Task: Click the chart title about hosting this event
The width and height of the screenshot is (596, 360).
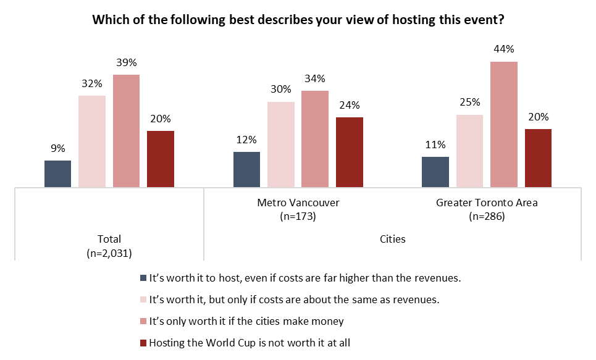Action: (298, 20)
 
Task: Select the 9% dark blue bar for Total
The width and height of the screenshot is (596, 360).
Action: (57, 174)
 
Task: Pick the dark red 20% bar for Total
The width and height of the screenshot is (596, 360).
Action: (161, 159)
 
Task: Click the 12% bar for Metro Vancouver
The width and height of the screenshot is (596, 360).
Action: (246, 169)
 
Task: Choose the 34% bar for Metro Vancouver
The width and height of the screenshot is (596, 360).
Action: (315, 139)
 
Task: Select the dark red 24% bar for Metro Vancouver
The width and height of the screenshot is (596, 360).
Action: (350, 152)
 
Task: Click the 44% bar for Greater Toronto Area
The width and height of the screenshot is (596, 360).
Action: (503, 124)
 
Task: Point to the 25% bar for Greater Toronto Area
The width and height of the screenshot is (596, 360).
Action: (469, 151)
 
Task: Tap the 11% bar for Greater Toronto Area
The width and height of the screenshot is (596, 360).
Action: (435, 172)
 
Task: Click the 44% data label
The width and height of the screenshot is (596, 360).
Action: (503, 49)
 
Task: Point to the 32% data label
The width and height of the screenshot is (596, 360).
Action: (91, 83)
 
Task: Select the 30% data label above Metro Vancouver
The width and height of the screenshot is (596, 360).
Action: (280, 90)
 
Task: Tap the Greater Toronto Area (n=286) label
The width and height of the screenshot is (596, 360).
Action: (487, 209)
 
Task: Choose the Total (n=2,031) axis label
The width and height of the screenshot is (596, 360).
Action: (109, 246)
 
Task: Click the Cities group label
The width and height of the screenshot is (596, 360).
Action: (392, 239)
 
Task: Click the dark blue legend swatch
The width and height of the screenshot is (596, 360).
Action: (144, 278)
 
